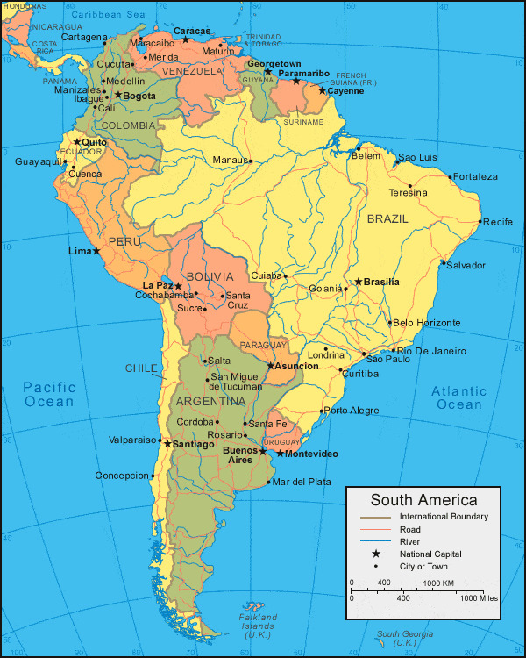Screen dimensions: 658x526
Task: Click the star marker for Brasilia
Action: pyautogui.click(x=358, y=283)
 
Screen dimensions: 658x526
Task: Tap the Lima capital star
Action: pyautogui.click(x=96, y=251)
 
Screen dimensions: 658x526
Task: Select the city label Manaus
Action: pyautogui.click(x=231, y=160)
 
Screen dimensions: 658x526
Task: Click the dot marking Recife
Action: pyautogui.click(x=480, y=221)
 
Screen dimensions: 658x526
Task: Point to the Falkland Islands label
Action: pyautogui.click(x=258, y=626)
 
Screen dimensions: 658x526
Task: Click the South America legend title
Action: pyautogui.click(x=423, y=501)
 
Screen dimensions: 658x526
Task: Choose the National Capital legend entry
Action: pyautogui.click(x=430, y=554)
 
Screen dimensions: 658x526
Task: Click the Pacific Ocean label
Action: pyautogui.click(x=49, y=394)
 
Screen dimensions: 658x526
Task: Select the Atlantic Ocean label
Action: pyautogui.click(x=459, y=397)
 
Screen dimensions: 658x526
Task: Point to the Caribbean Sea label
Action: pyautogui.click(x=109, y=15)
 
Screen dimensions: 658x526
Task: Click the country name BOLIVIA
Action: pyautogui.click(x=210, y=277)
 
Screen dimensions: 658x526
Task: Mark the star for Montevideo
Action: pyautogui.click(x=280, y=453)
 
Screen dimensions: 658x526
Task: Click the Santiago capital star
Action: pyautogui.click(x=167, y=444)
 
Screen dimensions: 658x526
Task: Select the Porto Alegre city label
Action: pyautogui.click(x=351, y=411)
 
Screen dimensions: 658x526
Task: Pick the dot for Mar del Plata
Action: pyautogui.click(x=268, y=482)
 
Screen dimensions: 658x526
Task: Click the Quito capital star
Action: pyautogui.click(x=76, y=142)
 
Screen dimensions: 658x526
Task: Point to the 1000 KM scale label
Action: pyautogui.click(x=438, y=583)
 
